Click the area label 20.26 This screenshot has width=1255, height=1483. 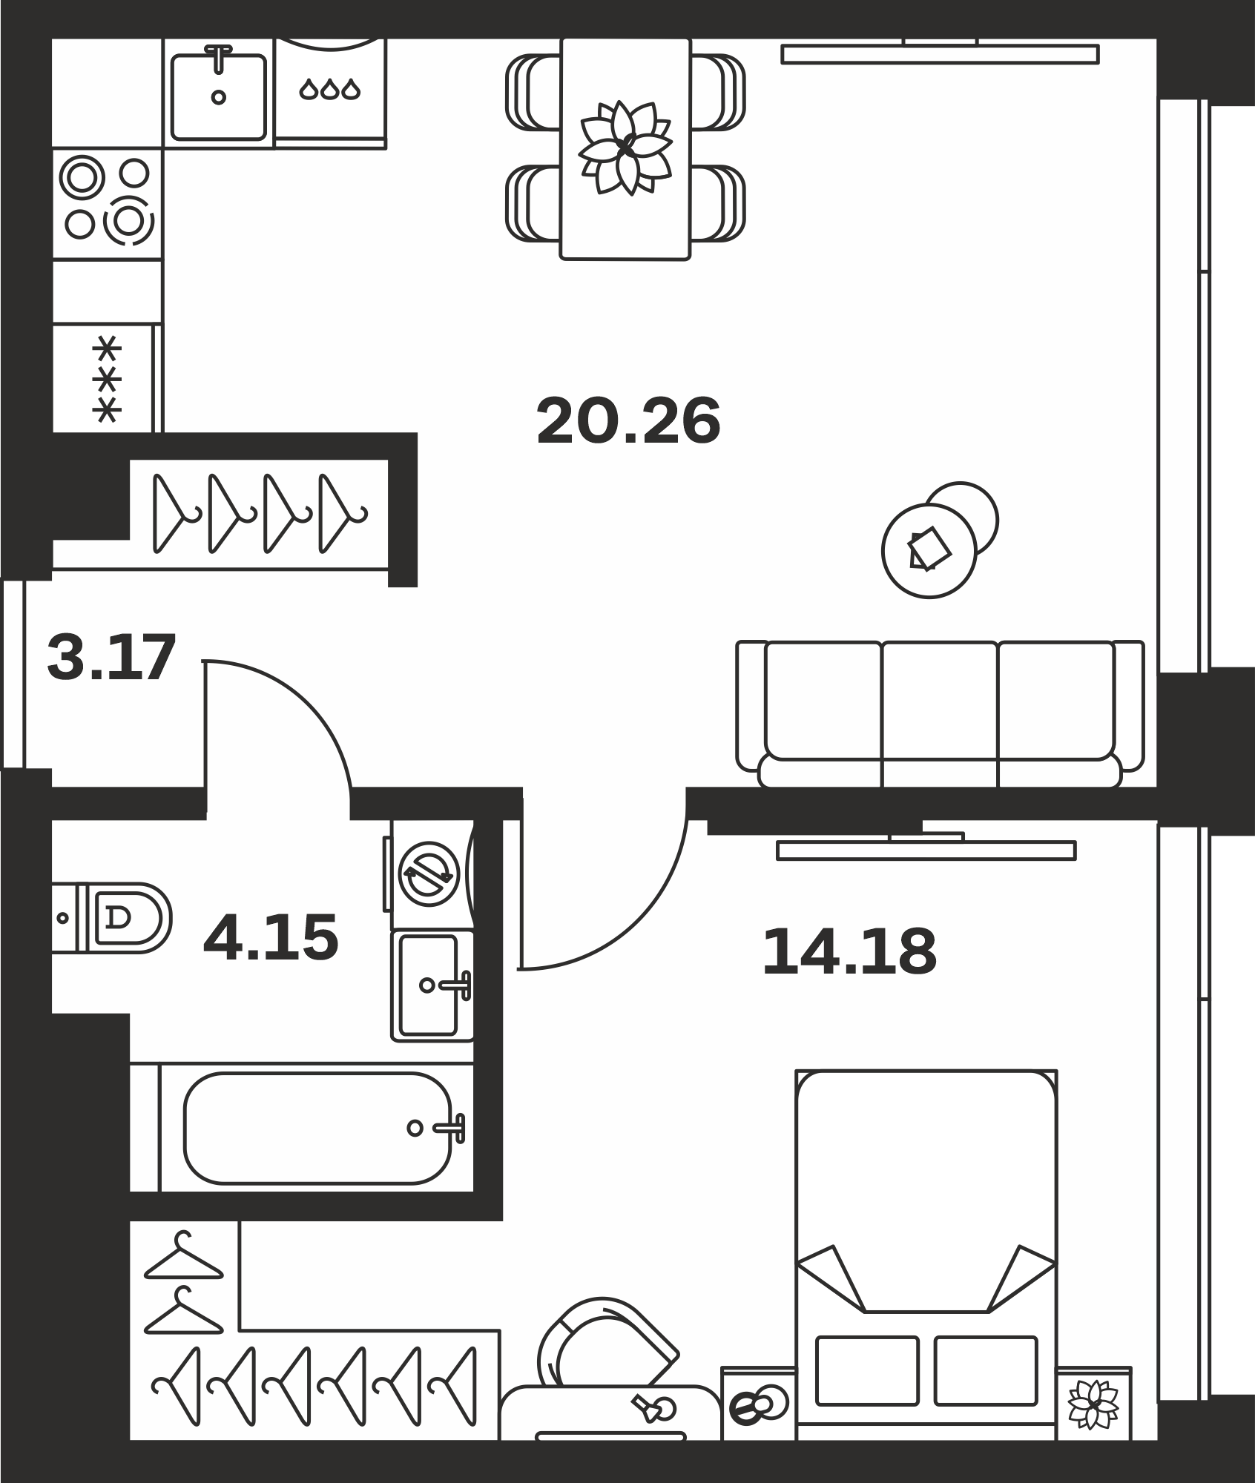click(x=628, y=421)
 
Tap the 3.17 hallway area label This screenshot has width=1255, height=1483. click(x=111, y=657)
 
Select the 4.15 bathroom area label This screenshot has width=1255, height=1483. click(x=271, y=938)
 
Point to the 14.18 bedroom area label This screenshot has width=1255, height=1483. click(x=849, y=952)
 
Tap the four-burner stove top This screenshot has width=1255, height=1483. click(x=108, y=203)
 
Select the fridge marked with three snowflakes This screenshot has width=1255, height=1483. click(x=104, y=378)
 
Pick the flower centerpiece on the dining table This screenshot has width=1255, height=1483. click(x=625, y=148)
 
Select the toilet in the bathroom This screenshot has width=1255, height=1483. click(x=111, y=918)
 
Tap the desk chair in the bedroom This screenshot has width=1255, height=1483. click(x=606, y=1343)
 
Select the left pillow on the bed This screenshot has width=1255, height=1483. click(x=867, y=1370)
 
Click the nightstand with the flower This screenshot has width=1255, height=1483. click(x=1094, y=1404)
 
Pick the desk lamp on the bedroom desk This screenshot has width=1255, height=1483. click(x=654, y=1407)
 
